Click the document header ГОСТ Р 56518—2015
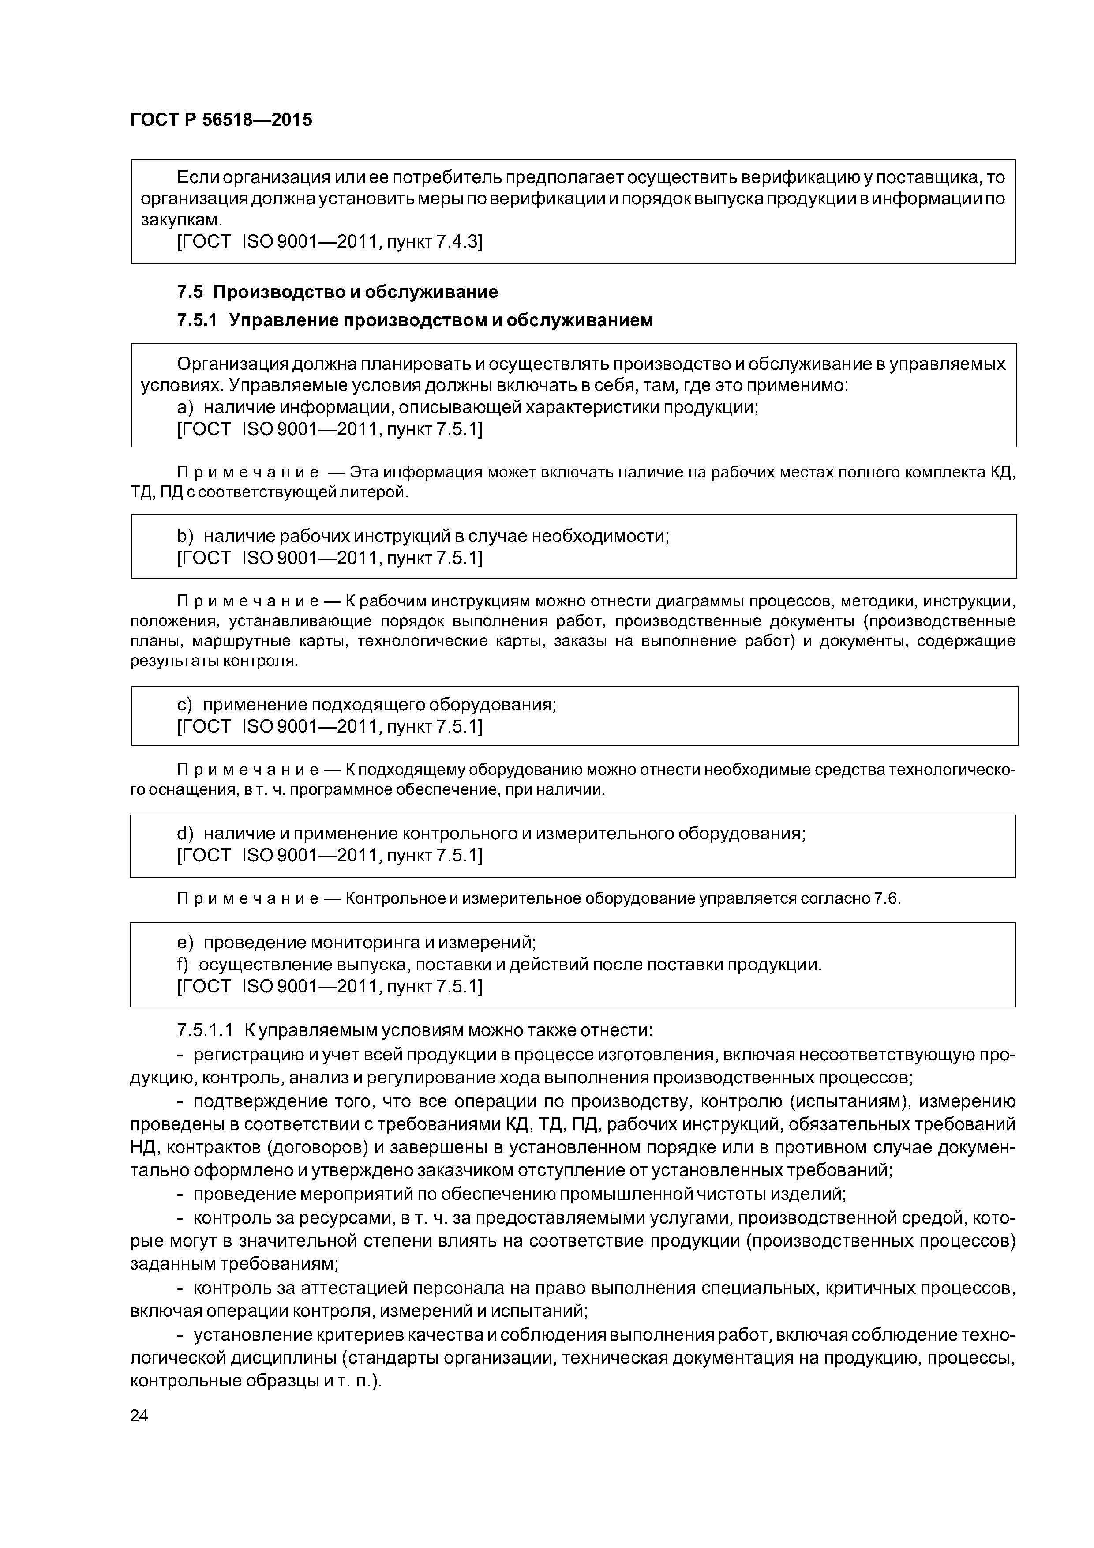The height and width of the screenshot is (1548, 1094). point(221,120)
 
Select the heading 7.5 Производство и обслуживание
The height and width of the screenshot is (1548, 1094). point(337,292)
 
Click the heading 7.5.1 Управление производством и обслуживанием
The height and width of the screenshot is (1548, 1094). point(415,320)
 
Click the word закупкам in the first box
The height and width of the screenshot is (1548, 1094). point(181,220)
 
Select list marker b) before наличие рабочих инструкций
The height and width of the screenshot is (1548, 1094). point(185,536)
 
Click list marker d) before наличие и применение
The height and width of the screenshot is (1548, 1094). point(185,834)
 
